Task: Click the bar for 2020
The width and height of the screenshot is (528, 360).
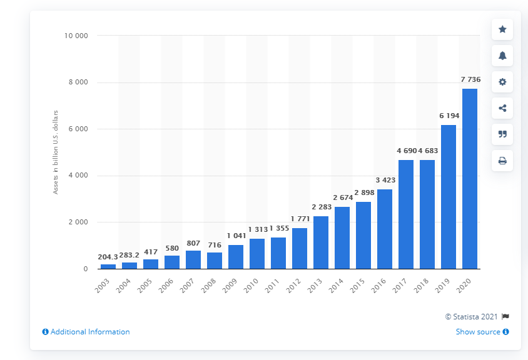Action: click(469, 179)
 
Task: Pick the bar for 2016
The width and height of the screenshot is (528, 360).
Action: click(384, 229)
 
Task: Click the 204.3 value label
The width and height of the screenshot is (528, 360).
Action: click(108, 257)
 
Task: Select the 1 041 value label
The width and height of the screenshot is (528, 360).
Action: click(235, 237)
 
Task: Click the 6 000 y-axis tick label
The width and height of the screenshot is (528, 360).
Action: click(79, 129)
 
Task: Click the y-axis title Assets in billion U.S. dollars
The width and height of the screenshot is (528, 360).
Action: click(56, 152)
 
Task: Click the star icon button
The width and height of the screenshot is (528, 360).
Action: click(502, 29)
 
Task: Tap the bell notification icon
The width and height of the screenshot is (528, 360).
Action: click(502, 56)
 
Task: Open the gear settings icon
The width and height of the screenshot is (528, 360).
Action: click(502, 82)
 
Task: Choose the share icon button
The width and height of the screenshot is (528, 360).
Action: click(502, 108)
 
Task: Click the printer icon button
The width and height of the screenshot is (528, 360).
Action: click(502, 161)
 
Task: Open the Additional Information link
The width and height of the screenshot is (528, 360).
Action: click(86, 332)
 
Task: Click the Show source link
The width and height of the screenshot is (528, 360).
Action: click(482, 332)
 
